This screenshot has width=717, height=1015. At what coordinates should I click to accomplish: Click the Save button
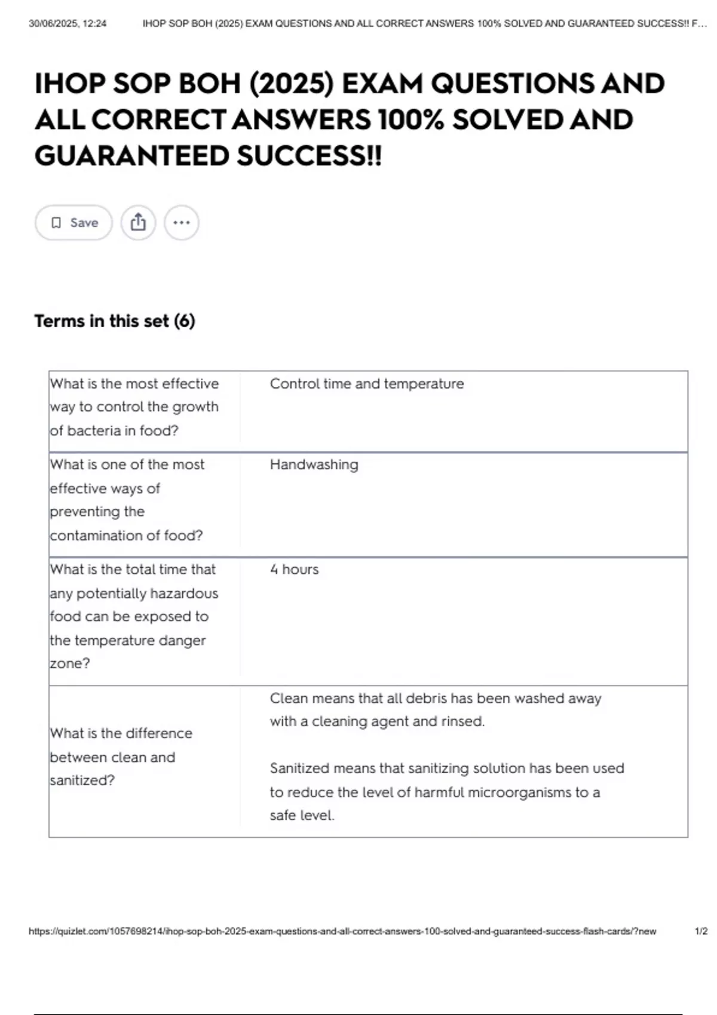click(73, 223)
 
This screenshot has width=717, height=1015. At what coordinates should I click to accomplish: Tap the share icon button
click(138, 223)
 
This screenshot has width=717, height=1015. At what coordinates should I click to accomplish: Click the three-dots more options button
click(182, 223)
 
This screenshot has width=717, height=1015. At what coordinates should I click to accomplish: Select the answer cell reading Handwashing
click(314, 465)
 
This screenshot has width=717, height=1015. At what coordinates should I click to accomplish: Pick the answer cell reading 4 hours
click(294, 570)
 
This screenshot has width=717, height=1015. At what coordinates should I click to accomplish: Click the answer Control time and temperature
click(366, 383)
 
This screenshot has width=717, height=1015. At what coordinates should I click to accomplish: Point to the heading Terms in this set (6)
click(115, 321)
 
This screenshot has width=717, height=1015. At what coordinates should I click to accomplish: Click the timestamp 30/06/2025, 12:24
click(68, 24)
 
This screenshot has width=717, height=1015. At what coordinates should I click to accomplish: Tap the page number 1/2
click(701, 931)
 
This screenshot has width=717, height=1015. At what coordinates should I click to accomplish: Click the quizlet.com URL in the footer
click(342, 931)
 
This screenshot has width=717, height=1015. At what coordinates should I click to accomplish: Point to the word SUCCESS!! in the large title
click(308, 156)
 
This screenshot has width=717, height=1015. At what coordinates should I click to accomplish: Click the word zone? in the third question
click(70, 663)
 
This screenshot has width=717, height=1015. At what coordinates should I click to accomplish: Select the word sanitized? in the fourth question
click(82, 780)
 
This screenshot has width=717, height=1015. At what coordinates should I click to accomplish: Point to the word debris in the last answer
click(426, 699)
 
